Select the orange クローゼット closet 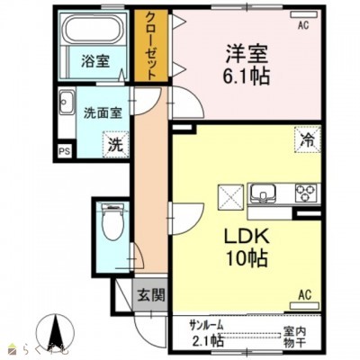148,47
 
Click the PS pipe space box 64,151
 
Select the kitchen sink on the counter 265,193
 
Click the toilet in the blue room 112,222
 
